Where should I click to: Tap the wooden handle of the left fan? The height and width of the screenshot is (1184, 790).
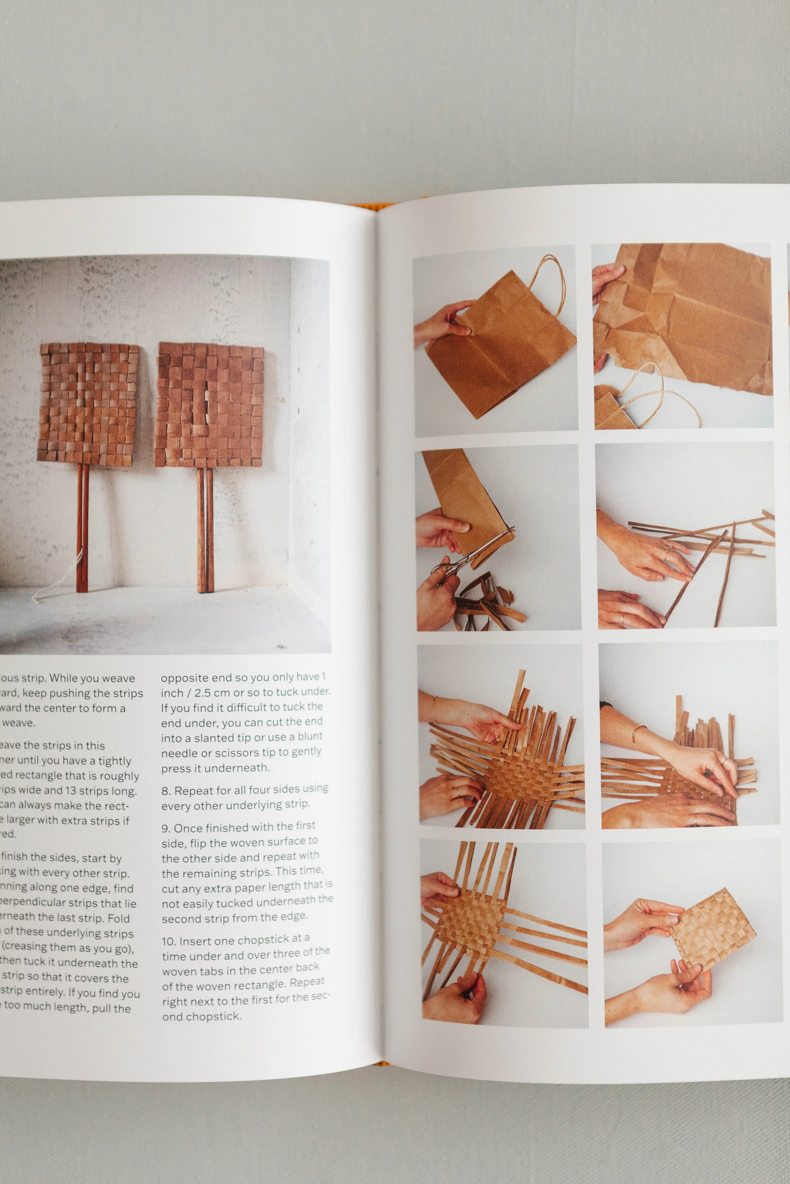pos(82,529)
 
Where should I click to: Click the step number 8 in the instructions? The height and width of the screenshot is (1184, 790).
pos(165,791)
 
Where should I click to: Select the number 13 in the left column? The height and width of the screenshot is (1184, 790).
pos(73,791)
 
